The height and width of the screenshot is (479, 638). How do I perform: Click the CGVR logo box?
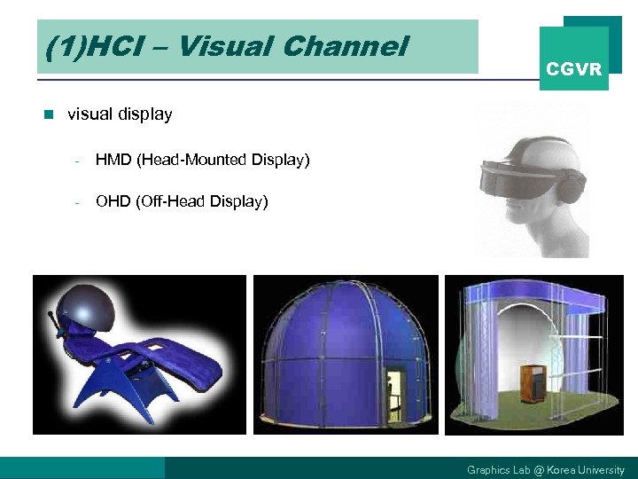coord(574,59)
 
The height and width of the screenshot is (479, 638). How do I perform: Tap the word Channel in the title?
coord(352,46)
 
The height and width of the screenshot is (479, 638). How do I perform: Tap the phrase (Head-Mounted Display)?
coord(223,160)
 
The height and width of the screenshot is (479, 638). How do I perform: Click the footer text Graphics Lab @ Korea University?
coord(545,469)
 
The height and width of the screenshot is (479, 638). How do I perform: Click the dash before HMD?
coord(78,161)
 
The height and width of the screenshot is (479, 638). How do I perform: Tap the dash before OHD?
coord(78,203)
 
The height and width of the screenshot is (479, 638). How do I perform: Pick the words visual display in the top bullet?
coord(120,114)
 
